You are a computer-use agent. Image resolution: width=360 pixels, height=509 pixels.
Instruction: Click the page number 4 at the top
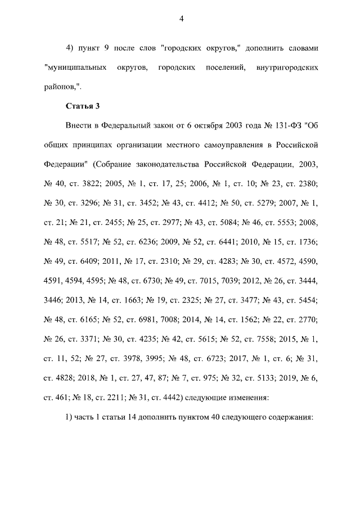click(181, 19)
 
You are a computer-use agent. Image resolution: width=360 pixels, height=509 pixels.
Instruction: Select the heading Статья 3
click(83, 105)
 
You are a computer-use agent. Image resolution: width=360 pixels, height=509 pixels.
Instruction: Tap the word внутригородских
click(287, 67)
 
